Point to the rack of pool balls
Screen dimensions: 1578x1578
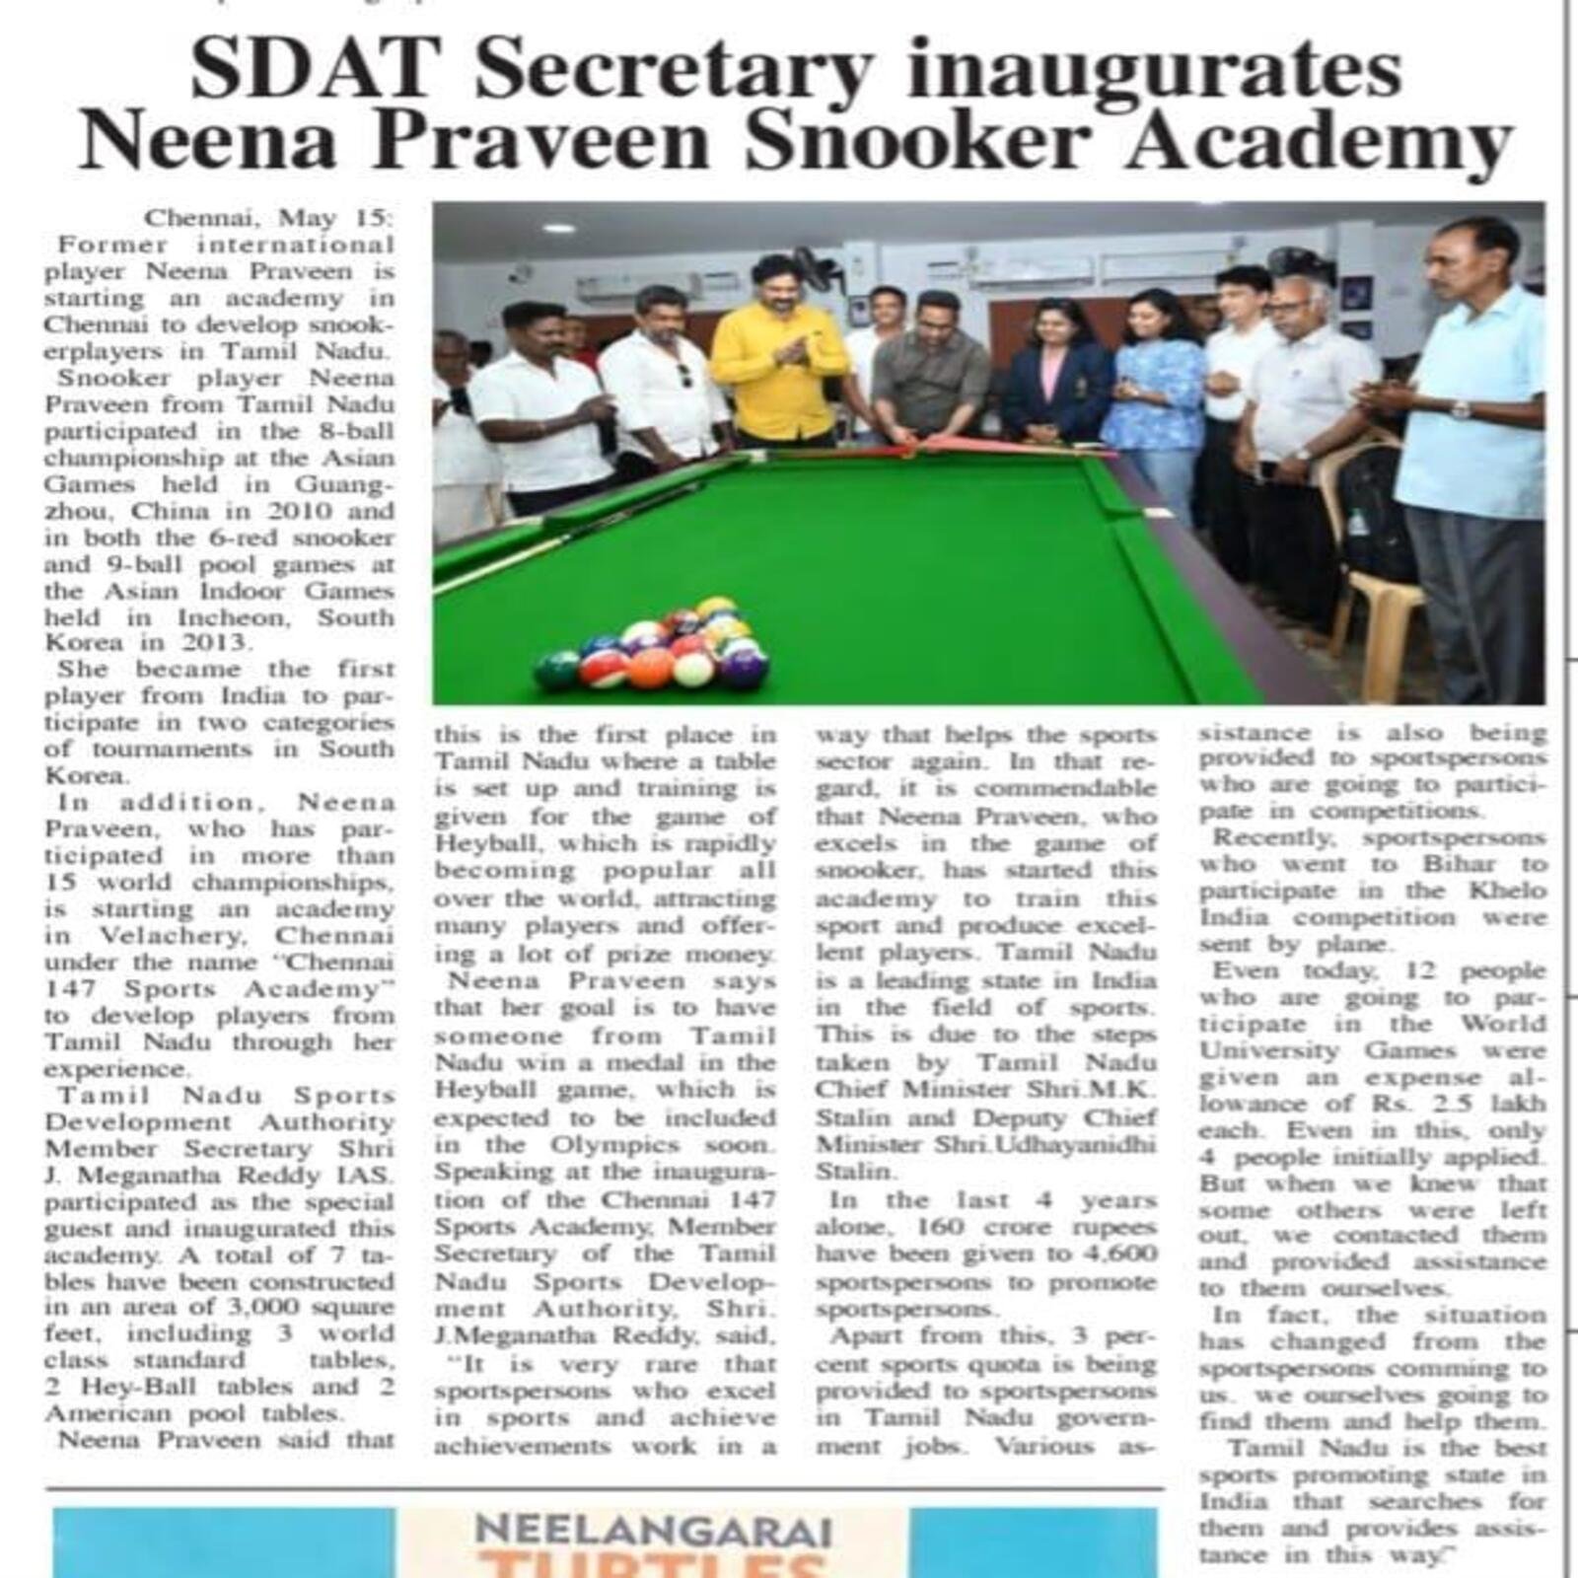(x=655, y=646)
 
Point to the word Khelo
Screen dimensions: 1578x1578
(x=1509, y=891)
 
